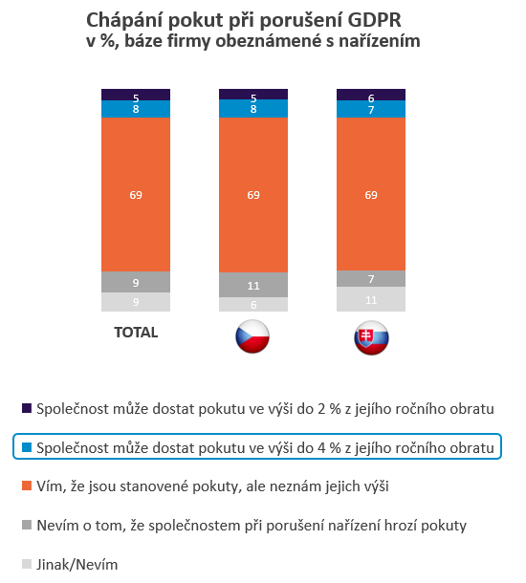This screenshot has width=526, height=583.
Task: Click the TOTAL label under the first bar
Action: [135, 334]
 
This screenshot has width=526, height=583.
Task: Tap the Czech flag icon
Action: [252, 338]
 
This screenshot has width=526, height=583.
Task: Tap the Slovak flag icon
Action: [370, 338]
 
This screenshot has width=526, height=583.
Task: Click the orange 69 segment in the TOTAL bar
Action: [136, 195]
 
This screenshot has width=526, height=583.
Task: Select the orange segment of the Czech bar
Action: [253, 195]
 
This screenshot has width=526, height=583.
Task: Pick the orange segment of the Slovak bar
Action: [371, 195]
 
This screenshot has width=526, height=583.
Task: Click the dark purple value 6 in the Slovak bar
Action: [371, 97]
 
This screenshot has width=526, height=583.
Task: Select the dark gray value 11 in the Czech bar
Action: [253, 285]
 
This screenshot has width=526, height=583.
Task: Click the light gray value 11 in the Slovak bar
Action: [371, 299]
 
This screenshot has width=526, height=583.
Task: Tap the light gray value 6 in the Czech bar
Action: [253, 304]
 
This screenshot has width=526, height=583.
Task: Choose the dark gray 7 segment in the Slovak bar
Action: [371, 278]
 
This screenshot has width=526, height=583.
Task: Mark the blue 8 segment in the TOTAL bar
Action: [136, 109]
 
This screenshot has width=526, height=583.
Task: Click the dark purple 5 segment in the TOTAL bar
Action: [136, 97]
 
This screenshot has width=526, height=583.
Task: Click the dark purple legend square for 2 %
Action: [27, 408]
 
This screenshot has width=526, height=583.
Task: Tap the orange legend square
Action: [27, 486]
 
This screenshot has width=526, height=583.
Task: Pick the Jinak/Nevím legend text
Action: [77, 564]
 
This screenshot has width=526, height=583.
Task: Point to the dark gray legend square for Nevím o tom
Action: [27, 525]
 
